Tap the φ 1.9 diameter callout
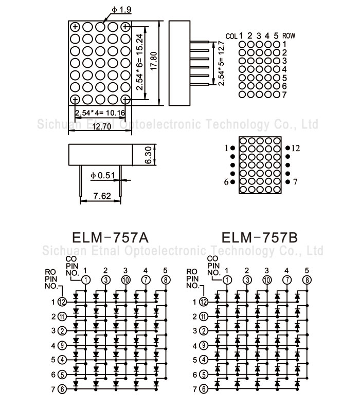121,9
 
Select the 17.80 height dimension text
160,61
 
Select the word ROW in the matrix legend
290,36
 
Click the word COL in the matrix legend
232,36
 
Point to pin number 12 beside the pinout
295,148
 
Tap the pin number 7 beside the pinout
295,182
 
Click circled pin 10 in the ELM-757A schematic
125,279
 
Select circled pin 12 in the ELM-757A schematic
62,302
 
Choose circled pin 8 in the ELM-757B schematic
307,279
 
